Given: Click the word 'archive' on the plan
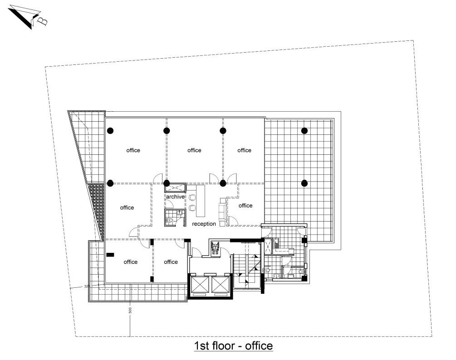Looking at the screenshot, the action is (175, 197).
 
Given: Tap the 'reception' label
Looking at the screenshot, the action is (204, 224).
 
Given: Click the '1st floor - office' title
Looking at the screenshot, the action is (233, 346).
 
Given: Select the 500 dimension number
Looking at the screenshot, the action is (130, 310).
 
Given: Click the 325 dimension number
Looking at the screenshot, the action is (87, 286).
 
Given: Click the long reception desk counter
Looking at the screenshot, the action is (201, 201).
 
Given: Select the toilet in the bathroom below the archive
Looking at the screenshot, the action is (171, 220).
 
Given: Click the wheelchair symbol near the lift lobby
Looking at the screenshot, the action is (215, 248).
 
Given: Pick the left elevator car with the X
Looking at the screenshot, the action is (200, 284).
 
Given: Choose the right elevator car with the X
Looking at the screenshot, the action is (220, 284).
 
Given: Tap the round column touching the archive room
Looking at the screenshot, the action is (167, 183).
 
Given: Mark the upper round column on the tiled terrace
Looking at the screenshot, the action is (304, 131).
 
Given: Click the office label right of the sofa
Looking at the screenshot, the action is (245, 206).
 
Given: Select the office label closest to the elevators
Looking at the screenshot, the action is (171, 262).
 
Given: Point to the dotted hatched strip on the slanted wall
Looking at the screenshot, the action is (97, 211).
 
